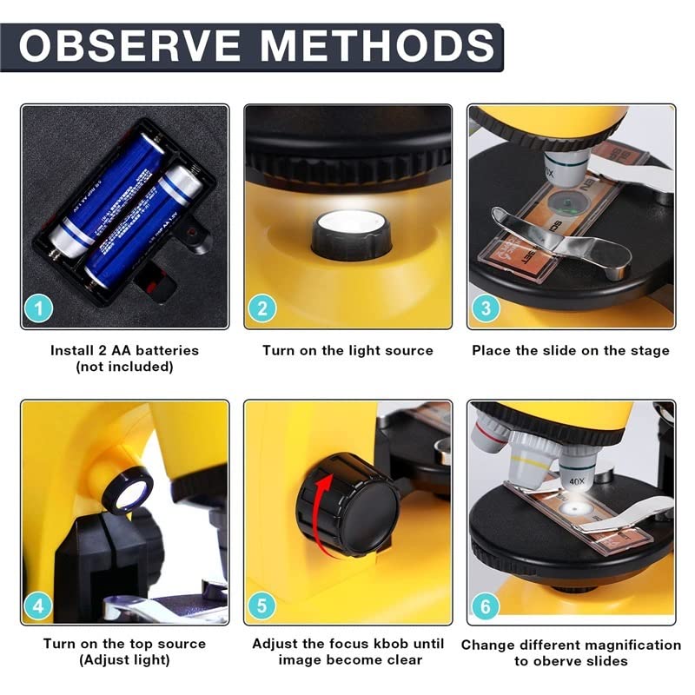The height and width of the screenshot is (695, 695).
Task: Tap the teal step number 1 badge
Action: [39, 308]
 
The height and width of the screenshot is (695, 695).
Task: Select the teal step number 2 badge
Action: [262, 308]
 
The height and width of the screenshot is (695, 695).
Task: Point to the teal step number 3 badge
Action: [486, 308]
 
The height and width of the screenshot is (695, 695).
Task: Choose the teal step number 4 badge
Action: [39, 605]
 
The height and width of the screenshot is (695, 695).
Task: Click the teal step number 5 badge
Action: [262, 605]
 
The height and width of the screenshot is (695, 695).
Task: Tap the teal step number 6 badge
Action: [486, 605]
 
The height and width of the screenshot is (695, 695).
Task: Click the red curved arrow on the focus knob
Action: [323, 513]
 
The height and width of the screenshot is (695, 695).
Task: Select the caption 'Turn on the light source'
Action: [347, 351]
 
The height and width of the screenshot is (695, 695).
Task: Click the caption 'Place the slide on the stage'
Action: [571, 351]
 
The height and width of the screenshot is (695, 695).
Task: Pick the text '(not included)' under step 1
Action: [124, 367]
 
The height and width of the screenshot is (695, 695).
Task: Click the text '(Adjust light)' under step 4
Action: [124, 660]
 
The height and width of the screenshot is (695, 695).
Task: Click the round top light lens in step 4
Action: [127, 491]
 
